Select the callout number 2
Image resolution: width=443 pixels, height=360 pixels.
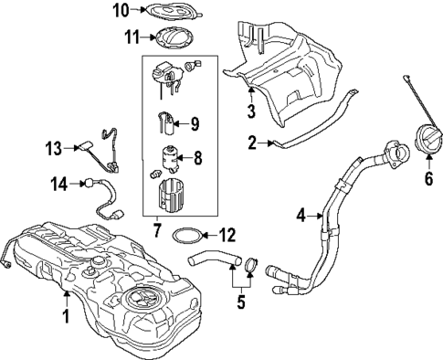[x=252, y=142]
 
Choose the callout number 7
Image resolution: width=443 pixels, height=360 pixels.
[x=156, y=228]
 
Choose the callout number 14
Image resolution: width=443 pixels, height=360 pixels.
[x=58, y=183]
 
